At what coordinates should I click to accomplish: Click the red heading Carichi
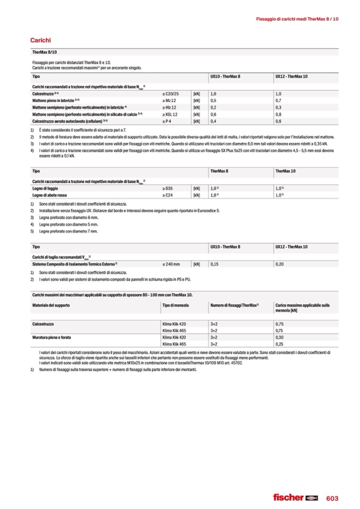[x=40, y=40]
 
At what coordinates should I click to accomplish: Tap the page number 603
[x=332, y=497]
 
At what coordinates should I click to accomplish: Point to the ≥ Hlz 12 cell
[x=169, y=107]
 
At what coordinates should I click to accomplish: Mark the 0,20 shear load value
[x=279, y=264]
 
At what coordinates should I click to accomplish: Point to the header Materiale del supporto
[x=51, y=305]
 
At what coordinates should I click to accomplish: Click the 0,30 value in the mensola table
[x=280, y=337]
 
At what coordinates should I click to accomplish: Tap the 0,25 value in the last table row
[x=280, y=344]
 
